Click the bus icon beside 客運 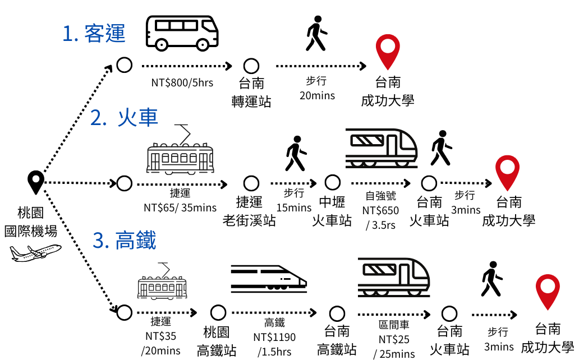pyautogui.click(x=182, y=33)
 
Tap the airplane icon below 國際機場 pyautogui.click(x=35, y=253)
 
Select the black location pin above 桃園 pyautogui.click(x=36, y=182)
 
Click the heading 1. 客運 pyautogui.click(x=94, y=34)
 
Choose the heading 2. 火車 pyautogui.click(x=124, y=118)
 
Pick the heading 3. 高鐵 pyautogui.click(x=125, y=240)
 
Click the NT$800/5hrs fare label pyautogui.click(x=182, y=82)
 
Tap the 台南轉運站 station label pyautogui.click(x=251, y=92)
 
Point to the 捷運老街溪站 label pyautogui.click(x=249, y=211)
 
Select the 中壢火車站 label pyautogui.click(x=332, y=211)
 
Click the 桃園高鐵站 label pyautogui.click(x=217, y=341)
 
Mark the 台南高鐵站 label pyautogui.click(x=337, y=340)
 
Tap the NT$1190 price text pyautogui.click(x=274, y=337)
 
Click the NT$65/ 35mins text pyautogui.click(x=180, y=207)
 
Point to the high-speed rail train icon pyautogui.click(x=269, y=279)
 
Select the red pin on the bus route pyautogui.click(x=388, y=52)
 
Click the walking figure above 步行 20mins pyautogui.click(x=316, y=33)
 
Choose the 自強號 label pyautogui.click(x=381, y=195)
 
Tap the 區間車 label pyautogui.click(x=394, y=325)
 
